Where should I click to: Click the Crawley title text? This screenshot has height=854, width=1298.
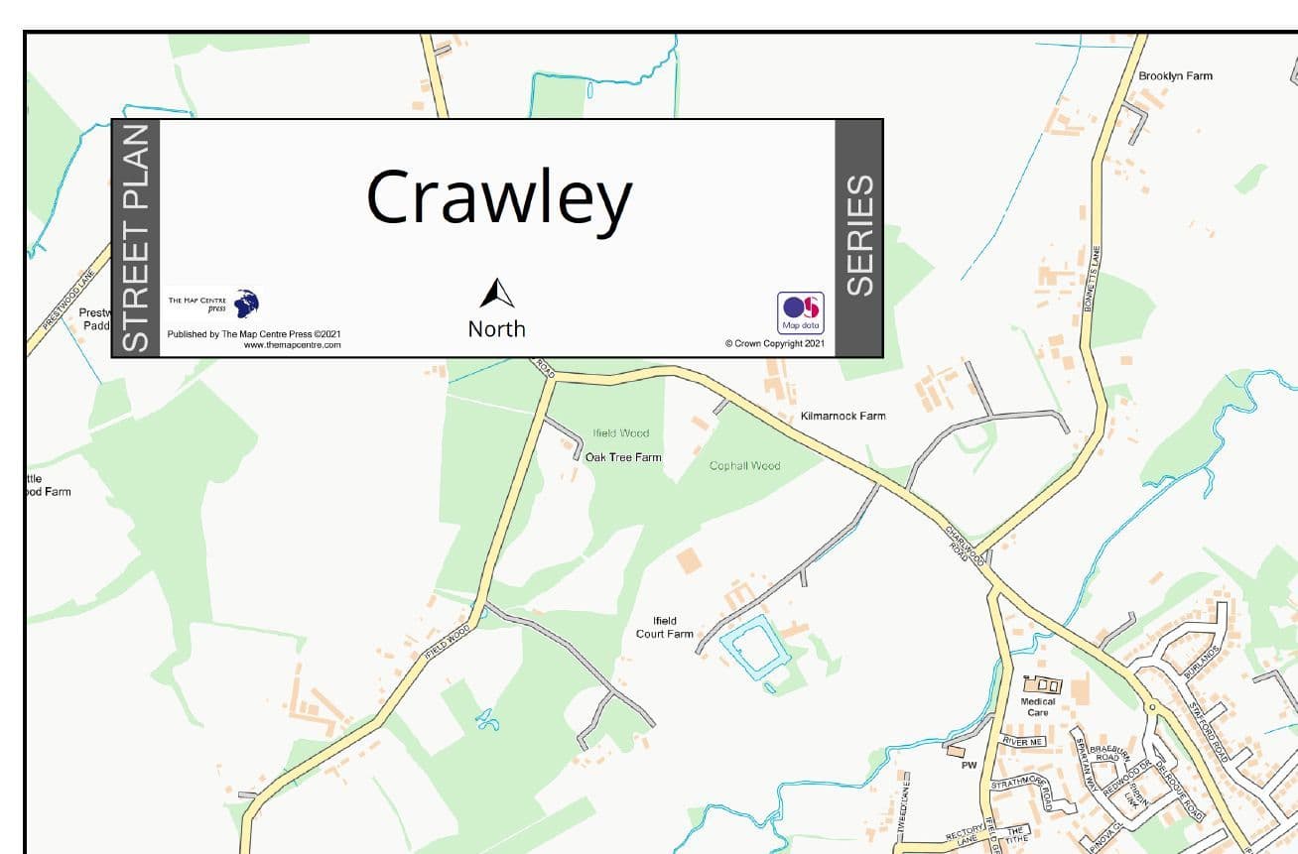498,197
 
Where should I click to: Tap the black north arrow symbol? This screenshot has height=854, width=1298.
497,294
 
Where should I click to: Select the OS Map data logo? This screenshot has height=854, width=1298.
800,311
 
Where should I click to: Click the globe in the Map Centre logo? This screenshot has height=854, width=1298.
246,303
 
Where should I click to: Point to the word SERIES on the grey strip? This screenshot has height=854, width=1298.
859,236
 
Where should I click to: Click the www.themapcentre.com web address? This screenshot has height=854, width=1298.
292,345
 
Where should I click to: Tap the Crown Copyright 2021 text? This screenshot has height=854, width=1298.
774,344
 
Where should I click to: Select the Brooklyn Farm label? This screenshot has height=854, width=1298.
1175,76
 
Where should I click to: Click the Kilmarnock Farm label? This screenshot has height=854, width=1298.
843,417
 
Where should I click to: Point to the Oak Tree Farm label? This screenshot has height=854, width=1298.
623,457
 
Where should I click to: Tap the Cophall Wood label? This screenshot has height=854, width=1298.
744,465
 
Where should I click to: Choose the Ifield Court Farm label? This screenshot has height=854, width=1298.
665,628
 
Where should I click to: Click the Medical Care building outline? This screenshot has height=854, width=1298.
1041,684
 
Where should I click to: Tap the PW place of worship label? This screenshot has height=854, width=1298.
969,765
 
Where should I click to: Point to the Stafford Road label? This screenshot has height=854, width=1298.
1209,732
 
